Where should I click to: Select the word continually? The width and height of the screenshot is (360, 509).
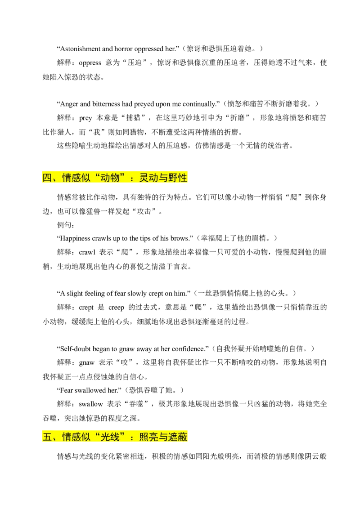coord(199,104)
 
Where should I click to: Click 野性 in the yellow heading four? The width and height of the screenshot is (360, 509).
coord(178,178)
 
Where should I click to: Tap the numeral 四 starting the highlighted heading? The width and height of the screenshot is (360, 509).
coord(47,178)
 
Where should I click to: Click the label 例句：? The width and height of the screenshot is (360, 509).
coord(66,225)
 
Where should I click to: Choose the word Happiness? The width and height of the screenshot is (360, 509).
coord(75,239)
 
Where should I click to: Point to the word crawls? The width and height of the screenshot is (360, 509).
coord(102,238)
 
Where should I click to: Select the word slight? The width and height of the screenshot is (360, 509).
coord(75,294)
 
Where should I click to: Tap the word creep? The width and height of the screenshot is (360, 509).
coord(116,308)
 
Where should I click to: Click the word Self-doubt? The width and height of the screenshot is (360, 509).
coord(76,349)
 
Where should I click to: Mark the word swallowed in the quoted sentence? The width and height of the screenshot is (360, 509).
coord(90,390)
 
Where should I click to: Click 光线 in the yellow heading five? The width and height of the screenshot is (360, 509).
coord(110,437)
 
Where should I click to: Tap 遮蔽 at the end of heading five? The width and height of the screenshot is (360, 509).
coord(178,437)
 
